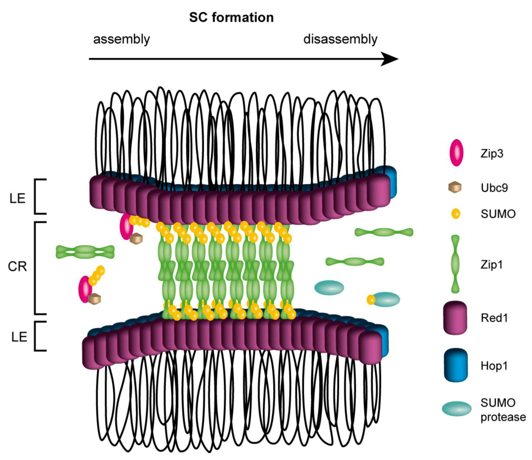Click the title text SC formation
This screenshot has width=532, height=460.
click(231, 17)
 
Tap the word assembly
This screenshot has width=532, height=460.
click(121, 39)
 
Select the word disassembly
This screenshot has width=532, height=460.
click(340, 39)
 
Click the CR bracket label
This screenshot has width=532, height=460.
click(17, 267)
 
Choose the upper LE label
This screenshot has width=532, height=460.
click(17, 199)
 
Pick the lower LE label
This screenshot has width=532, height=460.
click(19, 337)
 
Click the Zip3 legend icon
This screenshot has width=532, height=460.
click(456, 153)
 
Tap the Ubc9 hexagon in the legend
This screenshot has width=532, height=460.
click(455, 187)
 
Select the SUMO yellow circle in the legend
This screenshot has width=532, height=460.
click(456, 214)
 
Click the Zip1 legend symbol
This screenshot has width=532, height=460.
click(455, 264)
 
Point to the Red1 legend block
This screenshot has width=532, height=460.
click(455, 318)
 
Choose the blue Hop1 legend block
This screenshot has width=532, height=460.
click(455, 365)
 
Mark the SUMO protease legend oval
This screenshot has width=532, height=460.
click(456, 409)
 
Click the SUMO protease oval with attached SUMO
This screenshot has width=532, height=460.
click(386, 299)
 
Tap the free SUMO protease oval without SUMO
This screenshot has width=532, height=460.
click(329, 288)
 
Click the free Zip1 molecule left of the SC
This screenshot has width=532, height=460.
click(85, 252)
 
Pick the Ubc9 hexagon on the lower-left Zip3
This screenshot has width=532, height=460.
click(94, 299)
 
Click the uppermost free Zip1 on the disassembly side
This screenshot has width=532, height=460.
click(384, 232)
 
